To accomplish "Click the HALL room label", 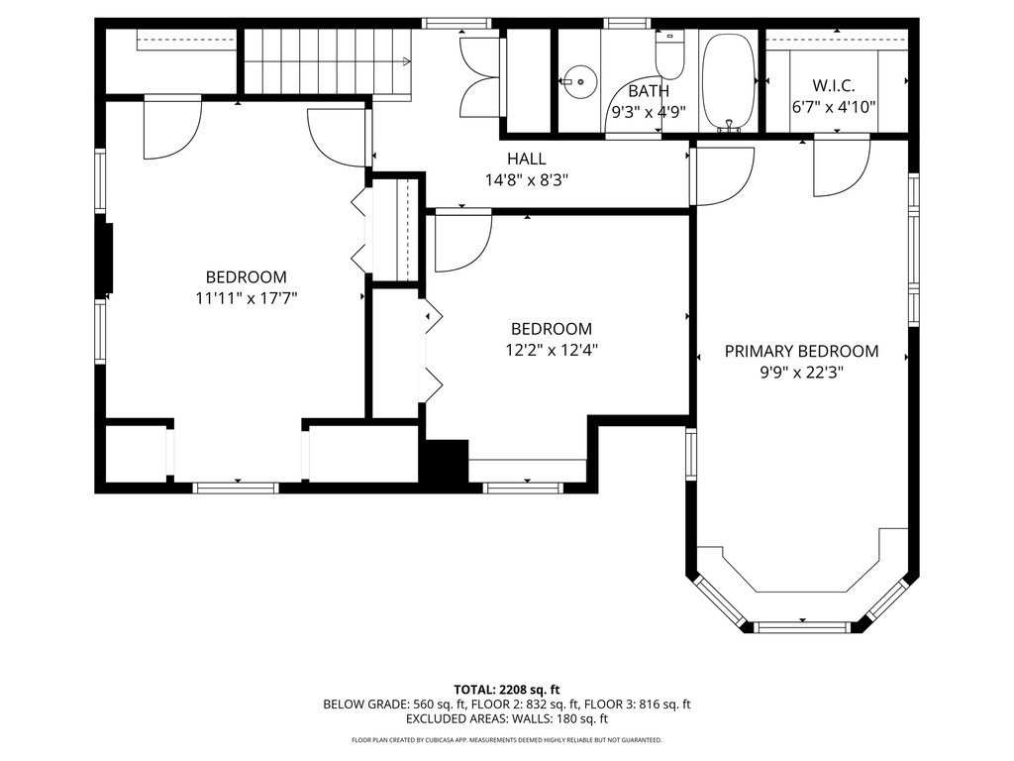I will click(x=526, y=159).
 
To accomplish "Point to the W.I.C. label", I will click(x=834, y=86).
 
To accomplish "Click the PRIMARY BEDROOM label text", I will click(x=801, y=351).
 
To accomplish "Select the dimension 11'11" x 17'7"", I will click(x=246, y=298).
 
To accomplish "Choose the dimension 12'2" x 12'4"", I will click(x=551, y=349).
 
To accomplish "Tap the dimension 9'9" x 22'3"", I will click(x=801, y=373).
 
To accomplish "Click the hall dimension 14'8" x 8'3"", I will click(x=526, y=180).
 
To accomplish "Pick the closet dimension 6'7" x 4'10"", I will click(x=834, y=107).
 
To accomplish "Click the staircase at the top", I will click(x=327, y=61).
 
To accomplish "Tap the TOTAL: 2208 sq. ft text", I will click(x=507, y=689).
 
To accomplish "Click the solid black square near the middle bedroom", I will click(x=446, y=462).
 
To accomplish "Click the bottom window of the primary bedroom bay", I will click(x=802, y=626).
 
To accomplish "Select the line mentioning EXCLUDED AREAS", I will click(x=507, y=719).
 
